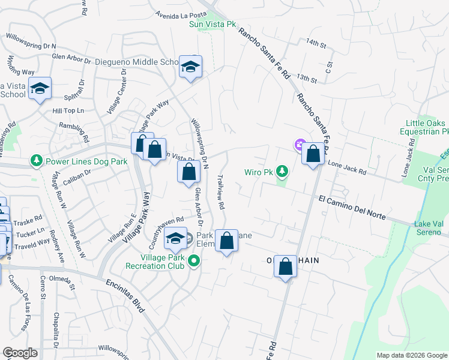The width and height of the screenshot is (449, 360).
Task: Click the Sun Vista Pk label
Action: (212, 24)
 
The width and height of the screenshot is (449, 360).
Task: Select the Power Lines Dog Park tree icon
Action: (37, 161)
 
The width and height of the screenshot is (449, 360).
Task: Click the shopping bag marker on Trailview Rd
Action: (226, 242)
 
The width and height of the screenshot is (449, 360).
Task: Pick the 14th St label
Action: (315, 44)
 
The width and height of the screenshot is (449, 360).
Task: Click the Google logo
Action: (20, 353)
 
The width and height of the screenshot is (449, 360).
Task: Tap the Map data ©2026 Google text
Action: (411, 355)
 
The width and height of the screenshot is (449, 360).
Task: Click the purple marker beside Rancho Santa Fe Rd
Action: (299, 144)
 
